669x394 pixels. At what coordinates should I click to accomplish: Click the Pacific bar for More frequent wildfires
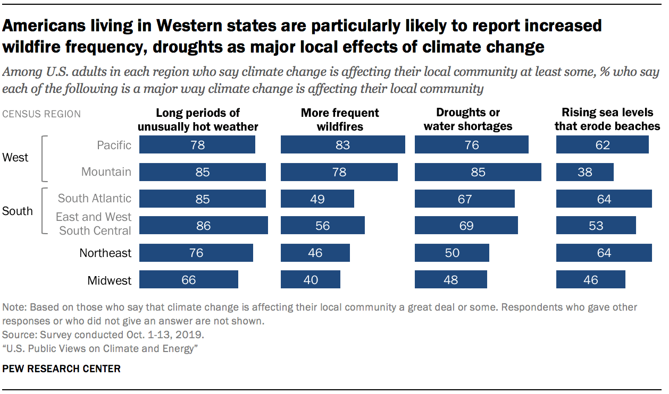[342, 145]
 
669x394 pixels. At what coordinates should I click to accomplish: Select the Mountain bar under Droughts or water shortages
[478, 172]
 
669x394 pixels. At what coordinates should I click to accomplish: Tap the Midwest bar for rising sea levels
[590, 279]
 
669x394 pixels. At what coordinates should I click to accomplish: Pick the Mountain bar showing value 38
[584, 172]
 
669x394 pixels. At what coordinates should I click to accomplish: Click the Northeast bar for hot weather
[196, 253]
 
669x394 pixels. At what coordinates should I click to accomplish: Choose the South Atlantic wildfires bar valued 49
[317, 199]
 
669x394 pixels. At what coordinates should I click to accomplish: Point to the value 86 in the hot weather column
[203, 226]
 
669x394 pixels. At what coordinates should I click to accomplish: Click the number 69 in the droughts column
[466, 226]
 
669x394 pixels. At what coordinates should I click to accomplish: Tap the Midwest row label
[109, 280]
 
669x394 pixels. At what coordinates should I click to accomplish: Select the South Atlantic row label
[94, 198]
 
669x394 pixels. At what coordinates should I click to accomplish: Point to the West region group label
[15, 158]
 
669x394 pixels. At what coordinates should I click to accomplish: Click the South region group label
[17, 211]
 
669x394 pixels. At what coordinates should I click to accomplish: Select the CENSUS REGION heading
[41, 114]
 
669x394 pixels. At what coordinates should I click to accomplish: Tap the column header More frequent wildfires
[340, 119]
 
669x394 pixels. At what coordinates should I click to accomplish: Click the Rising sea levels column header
[607, 119]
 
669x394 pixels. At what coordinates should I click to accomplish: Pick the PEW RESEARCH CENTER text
[62, 369]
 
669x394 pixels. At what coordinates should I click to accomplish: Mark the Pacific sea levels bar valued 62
[602, 145]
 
